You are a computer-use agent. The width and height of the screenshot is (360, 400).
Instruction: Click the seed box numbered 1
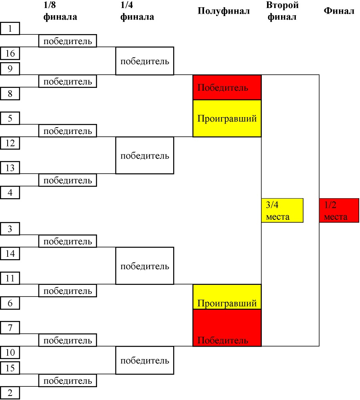(10, 28)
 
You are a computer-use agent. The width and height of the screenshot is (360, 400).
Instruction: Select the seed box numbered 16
(10, 53)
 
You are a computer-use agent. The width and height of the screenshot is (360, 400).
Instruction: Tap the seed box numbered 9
(10, 69)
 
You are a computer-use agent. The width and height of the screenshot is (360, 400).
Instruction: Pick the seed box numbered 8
(10, 93)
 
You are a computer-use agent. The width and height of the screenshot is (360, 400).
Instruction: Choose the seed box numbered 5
(10, 118)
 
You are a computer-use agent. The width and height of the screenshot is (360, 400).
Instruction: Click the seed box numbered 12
(10, 143)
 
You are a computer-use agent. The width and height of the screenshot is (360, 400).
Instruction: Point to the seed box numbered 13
(10, 168)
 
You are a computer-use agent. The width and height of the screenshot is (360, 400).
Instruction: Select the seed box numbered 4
(10, 192)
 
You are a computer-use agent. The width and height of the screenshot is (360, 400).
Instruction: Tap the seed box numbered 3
(10, 229)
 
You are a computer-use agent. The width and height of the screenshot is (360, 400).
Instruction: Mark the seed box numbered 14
(10, 253)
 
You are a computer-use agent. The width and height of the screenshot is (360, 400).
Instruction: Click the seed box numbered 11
(10, 278)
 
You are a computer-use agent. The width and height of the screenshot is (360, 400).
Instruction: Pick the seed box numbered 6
(10, 303)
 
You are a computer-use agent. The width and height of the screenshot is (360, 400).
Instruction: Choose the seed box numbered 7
(10, 327)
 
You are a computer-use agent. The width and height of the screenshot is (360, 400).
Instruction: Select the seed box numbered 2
(10, 393)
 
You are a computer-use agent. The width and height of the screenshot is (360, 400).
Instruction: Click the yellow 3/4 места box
(282, 210)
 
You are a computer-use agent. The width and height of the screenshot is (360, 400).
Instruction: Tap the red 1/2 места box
(339, 210)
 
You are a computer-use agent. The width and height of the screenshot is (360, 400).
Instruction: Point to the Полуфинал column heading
(224, 11)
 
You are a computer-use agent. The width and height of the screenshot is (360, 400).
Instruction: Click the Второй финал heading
(282, 11)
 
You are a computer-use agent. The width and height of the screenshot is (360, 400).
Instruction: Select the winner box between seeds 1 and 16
(68, 41)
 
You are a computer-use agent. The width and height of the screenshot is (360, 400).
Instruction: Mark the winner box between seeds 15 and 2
(68, 380)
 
